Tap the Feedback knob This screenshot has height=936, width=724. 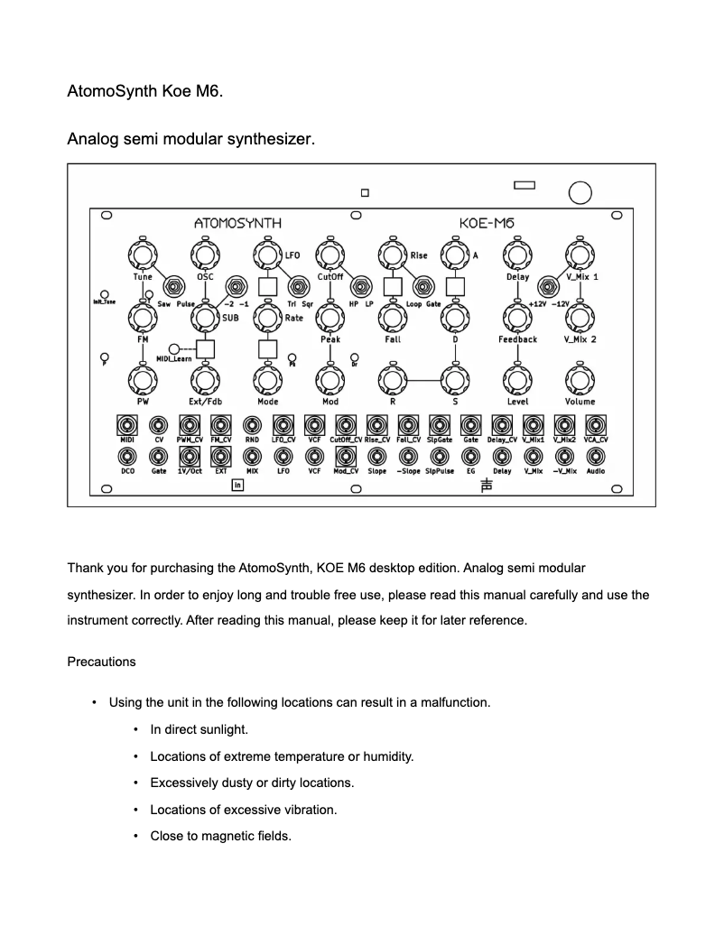click(516, 317)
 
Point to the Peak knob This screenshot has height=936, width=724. click(330, 317)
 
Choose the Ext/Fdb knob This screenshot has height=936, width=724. click(204, 378)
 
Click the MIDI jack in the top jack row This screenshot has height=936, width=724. click(126, 424)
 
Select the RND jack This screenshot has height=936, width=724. click(252, 424)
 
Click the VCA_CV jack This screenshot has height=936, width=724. click(595, 424)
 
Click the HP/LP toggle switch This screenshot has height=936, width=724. click(360, 287)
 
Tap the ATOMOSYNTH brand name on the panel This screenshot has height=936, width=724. click(238, 222)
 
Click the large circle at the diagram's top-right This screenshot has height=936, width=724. click(580, 192)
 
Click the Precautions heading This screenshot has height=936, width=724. click(101, 662)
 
